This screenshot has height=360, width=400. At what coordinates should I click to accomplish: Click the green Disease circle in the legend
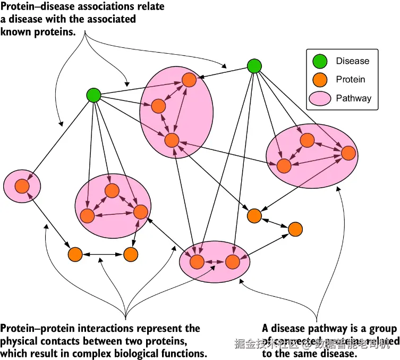tap(320, 61)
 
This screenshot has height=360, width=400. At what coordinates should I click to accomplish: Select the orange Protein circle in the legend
tap(320, 79)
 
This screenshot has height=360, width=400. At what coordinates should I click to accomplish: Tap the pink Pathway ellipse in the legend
tap(320, 98)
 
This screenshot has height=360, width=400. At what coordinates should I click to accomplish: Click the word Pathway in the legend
tap(353, 98)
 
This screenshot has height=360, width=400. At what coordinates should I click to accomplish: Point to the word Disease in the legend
tap(352, 61)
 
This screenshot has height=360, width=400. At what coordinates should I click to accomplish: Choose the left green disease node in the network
tap(93, 95)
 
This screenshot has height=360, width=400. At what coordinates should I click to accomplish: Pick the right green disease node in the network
tap(254, 66)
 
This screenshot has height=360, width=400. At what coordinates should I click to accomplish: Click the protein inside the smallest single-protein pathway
tap(22, 186)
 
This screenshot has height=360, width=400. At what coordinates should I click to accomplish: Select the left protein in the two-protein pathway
tap(197, 262)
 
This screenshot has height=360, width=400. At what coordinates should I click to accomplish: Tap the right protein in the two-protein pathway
tap(232, 262)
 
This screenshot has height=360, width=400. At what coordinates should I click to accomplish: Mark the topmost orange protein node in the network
tap(189, 80)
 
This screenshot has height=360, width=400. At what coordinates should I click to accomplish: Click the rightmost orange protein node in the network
tap(348, 153)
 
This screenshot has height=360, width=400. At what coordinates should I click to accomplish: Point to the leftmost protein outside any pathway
tap(75, 255)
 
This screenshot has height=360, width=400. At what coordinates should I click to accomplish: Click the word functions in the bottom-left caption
tap(184, 354)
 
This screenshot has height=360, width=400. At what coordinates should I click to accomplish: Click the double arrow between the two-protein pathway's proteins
tap(215, 262)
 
